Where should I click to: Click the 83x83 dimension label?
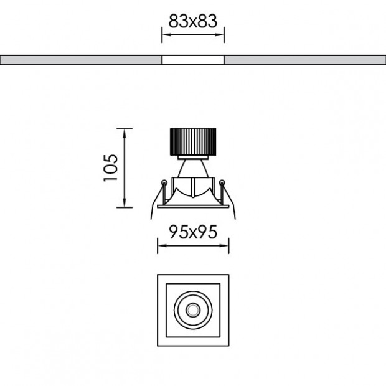tap(192, 21)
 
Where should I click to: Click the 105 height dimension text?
tap(111, 167)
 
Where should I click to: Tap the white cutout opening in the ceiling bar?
tap(193, 60)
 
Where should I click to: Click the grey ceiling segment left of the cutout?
tap(81, 60)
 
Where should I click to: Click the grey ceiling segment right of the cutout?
tap(305, 60)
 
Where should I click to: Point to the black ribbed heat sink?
tap(193, 142)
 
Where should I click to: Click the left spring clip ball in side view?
tap(164, 182)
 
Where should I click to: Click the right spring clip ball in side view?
tap(222, 182)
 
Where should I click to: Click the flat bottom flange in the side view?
tap(193, 204)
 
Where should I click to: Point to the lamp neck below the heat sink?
tap(192, 167)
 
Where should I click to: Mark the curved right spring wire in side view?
tap(233, 205)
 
